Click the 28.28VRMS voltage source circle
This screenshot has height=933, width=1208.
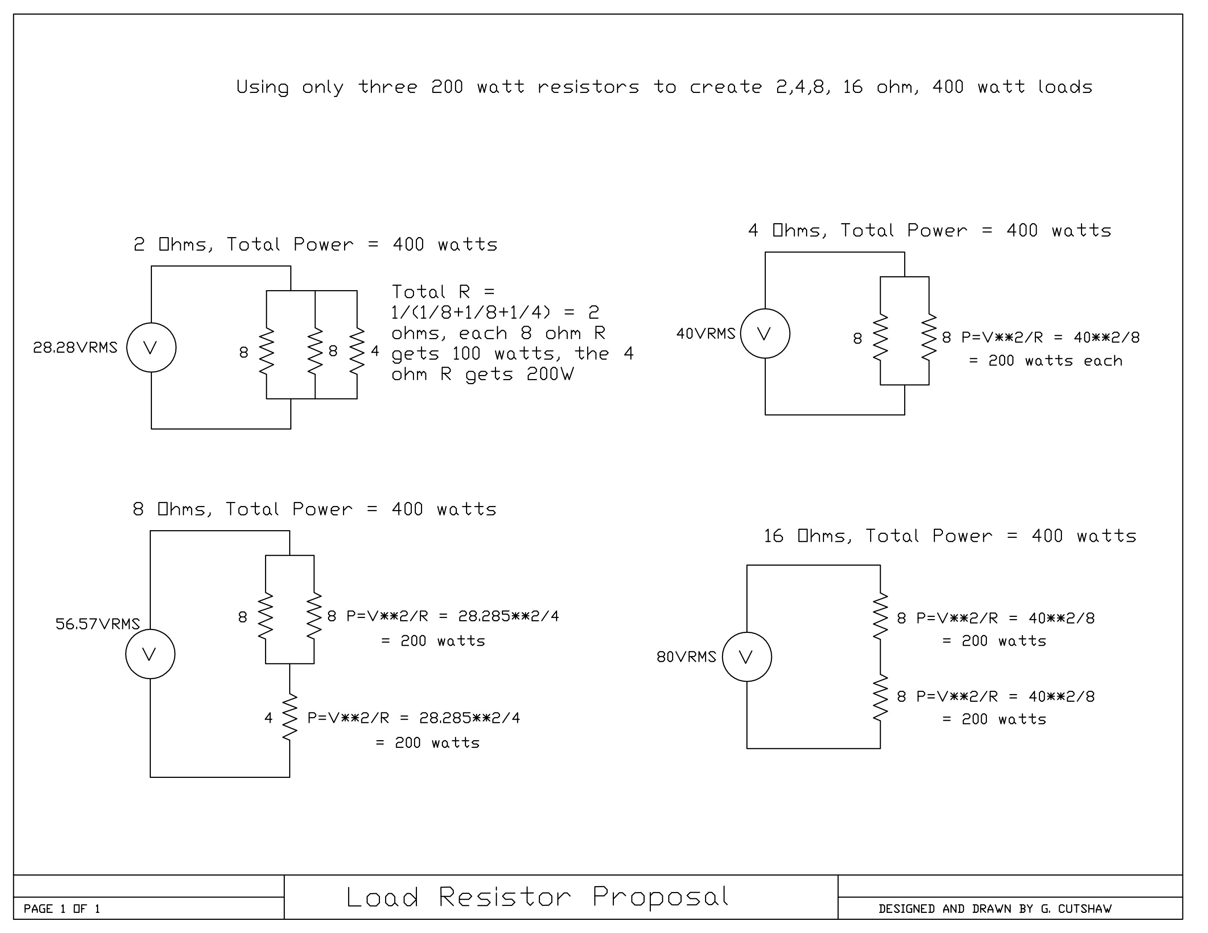click(151, 348)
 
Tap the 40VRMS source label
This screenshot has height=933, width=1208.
click(706, 334)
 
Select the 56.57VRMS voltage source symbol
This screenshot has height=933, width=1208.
click(150, 655)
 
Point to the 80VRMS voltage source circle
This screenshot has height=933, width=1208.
click(747, 657)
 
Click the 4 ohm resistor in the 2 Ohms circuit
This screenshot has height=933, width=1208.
click(357, 351)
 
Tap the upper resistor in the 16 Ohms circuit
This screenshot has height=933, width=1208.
click(880, 617)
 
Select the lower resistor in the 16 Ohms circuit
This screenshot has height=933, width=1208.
click(880, 697)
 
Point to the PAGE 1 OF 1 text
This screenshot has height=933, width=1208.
click(62, 909)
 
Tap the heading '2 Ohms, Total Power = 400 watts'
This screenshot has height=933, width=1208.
click(315, 244)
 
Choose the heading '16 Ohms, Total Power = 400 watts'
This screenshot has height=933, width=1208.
click(950, 536)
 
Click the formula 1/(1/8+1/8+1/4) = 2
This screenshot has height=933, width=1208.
click(495, 313)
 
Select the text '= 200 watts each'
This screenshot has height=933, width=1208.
click(1045, 361)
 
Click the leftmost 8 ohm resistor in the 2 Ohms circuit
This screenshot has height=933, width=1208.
click(266, 351)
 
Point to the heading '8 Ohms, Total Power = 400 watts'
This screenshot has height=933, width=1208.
click(314, 509)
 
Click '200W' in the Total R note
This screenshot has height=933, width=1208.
click(550, 375)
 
